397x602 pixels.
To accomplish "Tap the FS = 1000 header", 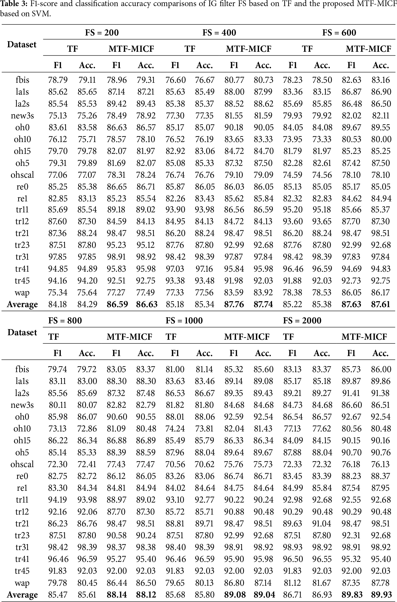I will (184, 321).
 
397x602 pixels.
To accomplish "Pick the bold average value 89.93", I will (381, 595).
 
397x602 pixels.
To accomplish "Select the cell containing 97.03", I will (175, 269).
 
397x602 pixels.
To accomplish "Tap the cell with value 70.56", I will (175, 464).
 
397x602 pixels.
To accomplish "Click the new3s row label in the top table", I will (22, 115).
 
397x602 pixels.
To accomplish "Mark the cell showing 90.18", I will (234, 127).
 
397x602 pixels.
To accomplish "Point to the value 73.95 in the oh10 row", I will (293, 139).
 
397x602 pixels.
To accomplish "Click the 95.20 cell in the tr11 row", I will (293, 209).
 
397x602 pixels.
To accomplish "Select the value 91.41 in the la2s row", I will (351, 393).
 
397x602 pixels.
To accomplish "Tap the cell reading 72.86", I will (87, 429).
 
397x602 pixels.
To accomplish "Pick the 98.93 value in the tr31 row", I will (293, 547).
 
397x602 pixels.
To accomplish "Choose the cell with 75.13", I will (58, 115).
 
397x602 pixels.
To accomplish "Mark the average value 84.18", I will (58, 304).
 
